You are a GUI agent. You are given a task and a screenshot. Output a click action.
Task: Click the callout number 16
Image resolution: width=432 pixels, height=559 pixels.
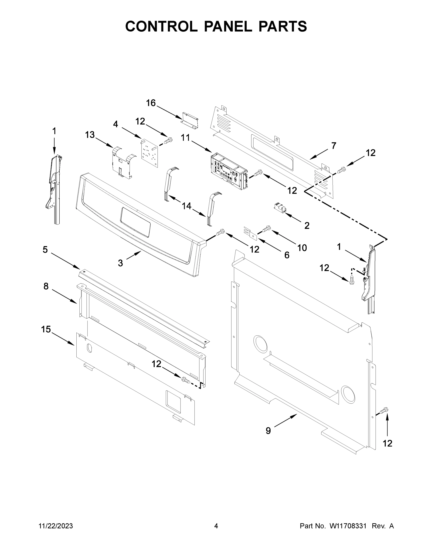point(151,103)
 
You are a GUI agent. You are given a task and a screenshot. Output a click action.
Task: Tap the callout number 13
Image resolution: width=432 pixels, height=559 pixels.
point(90,135)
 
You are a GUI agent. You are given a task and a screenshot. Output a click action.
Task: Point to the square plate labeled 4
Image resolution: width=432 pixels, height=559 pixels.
point(149,153)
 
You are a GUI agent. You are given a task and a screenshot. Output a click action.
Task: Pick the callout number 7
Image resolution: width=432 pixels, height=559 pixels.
point(333,146)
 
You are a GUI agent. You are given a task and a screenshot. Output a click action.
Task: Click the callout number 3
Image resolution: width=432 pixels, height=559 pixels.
point(120,263)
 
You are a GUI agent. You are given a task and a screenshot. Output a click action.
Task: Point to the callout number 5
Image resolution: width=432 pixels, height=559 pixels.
point(45,249)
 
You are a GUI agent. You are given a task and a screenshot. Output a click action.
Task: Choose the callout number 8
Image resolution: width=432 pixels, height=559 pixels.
point(46,286)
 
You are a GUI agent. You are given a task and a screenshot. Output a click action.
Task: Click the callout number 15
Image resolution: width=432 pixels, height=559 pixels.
point(46,329)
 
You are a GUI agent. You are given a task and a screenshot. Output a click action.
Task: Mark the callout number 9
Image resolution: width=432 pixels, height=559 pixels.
point(268,430)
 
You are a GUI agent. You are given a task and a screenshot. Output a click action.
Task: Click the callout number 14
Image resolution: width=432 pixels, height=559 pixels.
point(187,206)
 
